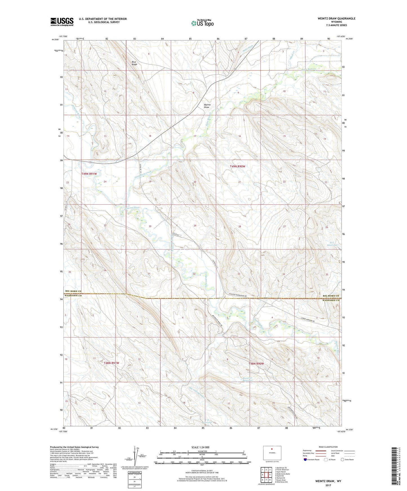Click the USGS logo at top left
coord(62,22)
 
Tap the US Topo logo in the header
coord(202,23)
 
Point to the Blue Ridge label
coord(134,63)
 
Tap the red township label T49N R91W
coord(89,174)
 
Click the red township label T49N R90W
coord(237,166)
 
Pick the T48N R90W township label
coord(256,364)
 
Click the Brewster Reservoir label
coord(247,379)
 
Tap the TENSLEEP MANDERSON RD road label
coord(238,296)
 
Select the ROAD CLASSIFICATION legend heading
coord(328,447)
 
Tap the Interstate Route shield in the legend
coord(305,460)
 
